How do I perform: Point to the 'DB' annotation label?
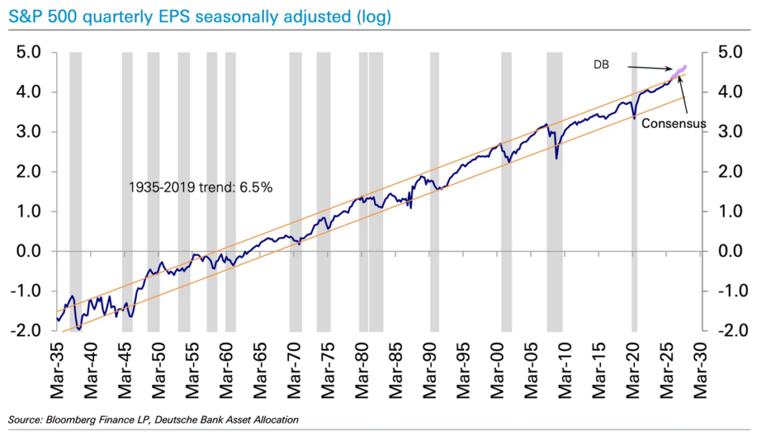click(601, 65)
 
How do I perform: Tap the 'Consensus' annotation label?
click(673, 123)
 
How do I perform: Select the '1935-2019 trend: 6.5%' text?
click(200, 188)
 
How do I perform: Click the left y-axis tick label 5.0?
click(29, 52)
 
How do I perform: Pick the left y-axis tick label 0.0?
click(29, 251)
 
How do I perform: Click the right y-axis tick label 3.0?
click(730, 132)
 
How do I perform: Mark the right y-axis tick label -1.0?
click(727, 291)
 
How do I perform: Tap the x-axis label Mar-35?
click(57, 371)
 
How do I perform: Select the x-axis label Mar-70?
click(294, 371)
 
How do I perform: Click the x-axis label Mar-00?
click(498, 371)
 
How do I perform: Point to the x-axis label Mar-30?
click(701, 371)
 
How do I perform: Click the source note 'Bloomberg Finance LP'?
click(99, 420)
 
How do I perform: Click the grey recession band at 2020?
click(634, 191)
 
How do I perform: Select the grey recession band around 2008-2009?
click(554, 191)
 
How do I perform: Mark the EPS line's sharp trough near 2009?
click(557, 158)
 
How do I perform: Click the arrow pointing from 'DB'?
click(650, 67)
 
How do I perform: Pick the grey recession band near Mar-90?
click(435, 191)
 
